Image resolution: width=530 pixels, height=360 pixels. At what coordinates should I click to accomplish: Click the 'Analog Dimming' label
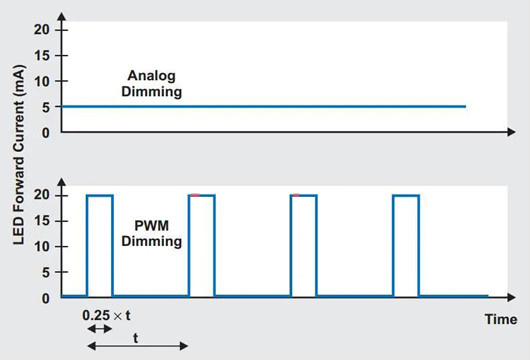[151, 83]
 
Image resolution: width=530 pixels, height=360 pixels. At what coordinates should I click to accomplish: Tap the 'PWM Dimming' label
[151, 233]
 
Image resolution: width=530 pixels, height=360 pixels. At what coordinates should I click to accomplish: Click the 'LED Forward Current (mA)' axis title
[19, 154]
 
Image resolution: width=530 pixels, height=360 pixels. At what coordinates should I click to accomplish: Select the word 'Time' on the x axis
[501, 319]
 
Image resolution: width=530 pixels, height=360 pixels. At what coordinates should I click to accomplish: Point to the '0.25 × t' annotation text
[106, 315]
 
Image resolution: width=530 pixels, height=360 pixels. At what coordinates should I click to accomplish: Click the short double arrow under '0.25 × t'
[100, 329]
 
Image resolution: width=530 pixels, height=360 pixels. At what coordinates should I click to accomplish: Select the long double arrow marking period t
[138, 346]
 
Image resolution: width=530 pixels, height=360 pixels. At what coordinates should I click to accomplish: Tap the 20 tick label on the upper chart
[42, 30]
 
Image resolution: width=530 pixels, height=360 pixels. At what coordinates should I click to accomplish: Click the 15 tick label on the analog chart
[42, 55]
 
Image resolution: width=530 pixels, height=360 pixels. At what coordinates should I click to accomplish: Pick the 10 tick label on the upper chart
[42, 81]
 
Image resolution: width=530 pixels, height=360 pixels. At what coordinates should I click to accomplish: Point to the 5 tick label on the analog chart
[46, 107]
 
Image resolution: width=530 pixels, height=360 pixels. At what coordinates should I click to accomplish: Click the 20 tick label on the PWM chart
[42, 195]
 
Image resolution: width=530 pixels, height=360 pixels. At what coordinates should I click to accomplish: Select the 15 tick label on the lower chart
[42, 221]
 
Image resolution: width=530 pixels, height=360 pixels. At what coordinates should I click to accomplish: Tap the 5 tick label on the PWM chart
[46, 272]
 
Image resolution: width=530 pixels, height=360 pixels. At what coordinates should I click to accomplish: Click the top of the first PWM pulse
[100, 195]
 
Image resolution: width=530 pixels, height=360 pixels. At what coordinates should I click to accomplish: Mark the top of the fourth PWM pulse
[406, 195]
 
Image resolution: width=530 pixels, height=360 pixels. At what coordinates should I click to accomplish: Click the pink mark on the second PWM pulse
[195, 195]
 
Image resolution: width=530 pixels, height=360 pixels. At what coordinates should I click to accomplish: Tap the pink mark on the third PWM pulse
[296, 195]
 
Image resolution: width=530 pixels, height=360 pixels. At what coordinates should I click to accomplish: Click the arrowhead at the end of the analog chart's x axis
[511, 132]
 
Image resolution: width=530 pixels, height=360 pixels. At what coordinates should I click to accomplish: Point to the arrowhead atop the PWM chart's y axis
[62, 182]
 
